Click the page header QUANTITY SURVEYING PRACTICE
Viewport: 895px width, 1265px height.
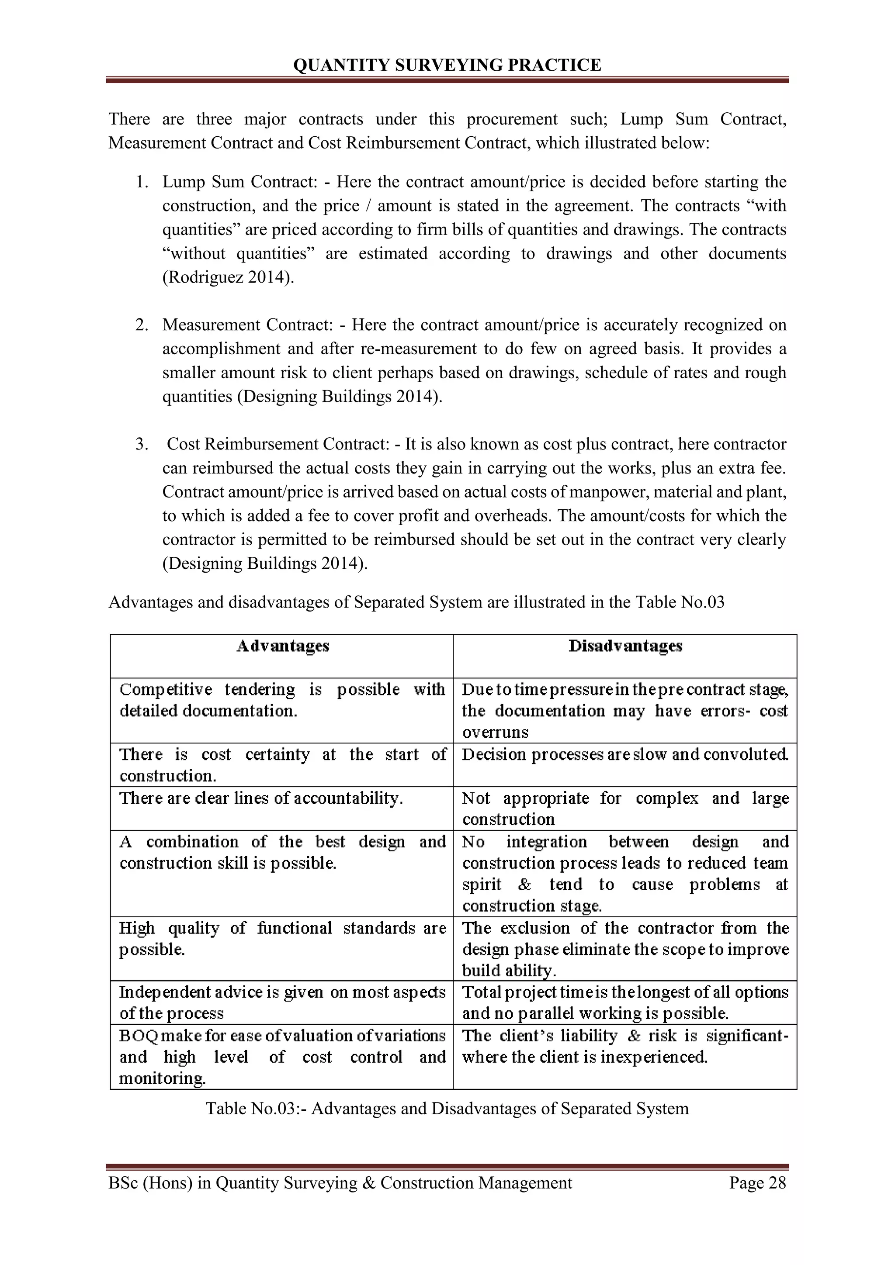447,66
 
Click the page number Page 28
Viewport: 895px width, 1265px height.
757,1182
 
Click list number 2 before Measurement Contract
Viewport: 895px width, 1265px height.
142,325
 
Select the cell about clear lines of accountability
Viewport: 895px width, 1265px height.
261,798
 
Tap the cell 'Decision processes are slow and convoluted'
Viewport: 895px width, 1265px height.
624,754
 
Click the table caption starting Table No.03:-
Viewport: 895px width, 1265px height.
447,1109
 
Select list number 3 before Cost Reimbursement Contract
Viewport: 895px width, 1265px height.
142,444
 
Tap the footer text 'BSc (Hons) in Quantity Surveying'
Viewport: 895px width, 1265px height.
340,1182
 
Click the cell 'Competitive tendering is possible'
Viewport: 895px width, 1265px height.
281,700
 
